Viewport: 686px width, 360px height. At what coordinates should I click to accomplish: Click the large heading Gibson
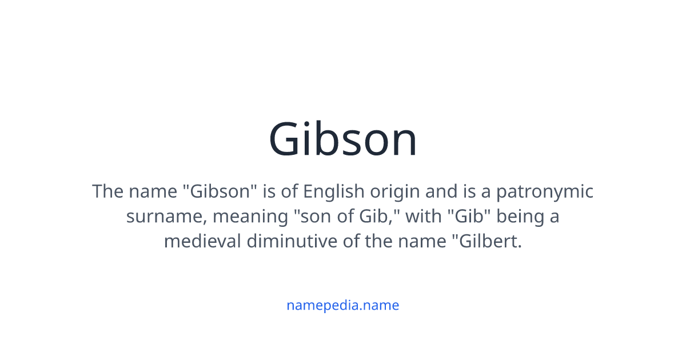click(x=343, y=140)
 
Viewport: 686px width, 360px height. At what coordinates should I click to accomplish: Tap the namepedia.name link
click(x=343, y=305)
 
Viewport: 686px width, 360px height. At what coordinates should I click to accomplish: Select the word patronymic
click(x=544, y=191)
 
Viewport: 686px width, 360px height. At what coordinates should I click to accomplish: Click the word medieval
click(x=203, y=241)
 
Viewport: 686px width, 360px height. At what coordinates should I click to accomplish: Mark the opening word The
click(x=108, y=191)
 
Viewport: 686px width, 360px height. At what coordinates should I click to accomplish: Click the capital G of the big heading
click(x=287, y=140)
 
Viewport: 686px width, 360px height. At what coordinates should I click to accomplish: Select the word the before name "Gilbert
click(x=378, y=241)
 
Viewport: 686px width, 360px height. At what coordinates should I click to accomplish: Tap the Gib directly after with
click(x=467, y=217)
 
